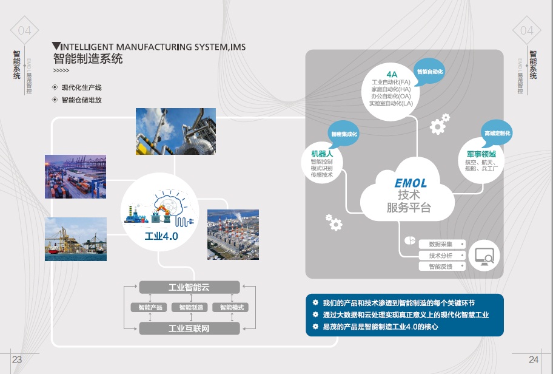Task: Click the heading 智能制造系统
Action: pyautogui.click(x=88, y=59)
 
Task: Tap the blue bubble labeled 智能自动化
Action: pyautogui.click(x=431, y=72)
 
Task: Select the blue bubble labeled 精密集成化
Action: pyautogui.click(x=344, y=134)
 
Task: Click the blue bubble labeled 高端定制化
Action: pyautogui.click(x=497, y=133)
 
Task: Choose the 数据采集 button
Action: pyautogui.click(x=441, y=244)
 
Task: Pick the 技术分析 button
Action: pyautogui.click(x=441, y=256)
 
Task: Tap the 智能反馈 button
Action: pyautogui.click(x=441, y=267)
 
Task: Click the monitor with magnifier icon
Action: pyautogui.click(x=484, y=256)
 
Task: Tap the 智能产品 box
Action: pyautogui.click(x=148, y=308)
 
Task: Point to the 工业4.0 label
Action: pyautogui.click(x=161, y=236)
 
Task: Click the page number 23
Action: pyautogui.click(x=17, y=359)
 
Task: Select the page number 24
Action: pyautogui.click(x=534, y=359)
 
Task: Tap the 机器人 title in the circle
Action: pyautogui.click(x=322, y=154)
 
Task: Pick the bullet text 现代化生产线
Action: pyautogui.click(x=81, y=88)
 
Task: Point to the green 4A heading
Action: pyautogui.click(x=391, y=74)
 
